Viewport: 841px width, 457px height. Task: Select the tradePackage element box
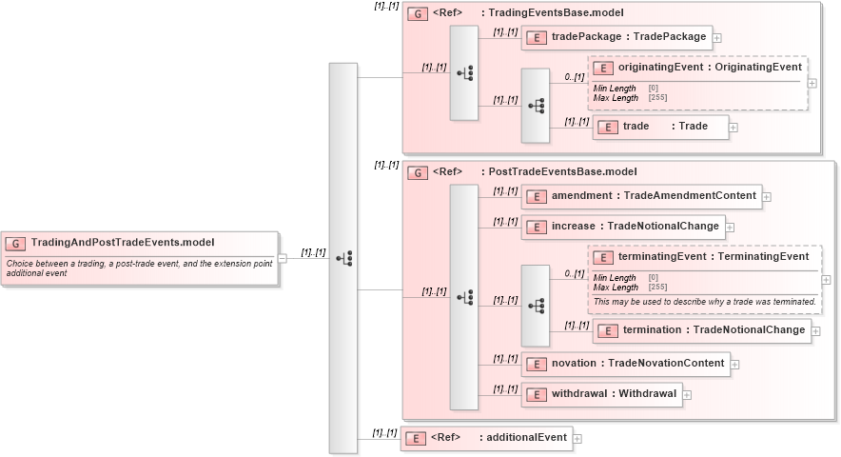click(x=616, y=37)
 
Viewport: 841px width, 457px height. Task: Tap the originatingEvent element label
click(x=709, y=68)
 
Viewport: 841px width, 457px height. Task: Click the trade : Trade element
click(x=661, y=127)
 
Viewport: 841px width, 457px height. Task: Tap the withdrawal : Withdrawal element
click(x=602, y=393)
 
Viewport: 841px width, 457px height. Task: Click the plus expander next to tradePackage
click(x=717, y=38)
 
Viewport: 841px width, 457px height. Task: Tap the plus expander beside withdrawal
click(x=687, y=394)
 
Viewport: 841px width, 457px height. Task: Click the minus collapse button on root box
click(x=282, y=256)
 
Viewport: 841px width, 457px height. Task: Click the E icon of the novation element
click(x=536, y=363)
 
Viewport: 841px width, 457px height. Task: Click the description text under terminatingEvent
click(x=704, y=301)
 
